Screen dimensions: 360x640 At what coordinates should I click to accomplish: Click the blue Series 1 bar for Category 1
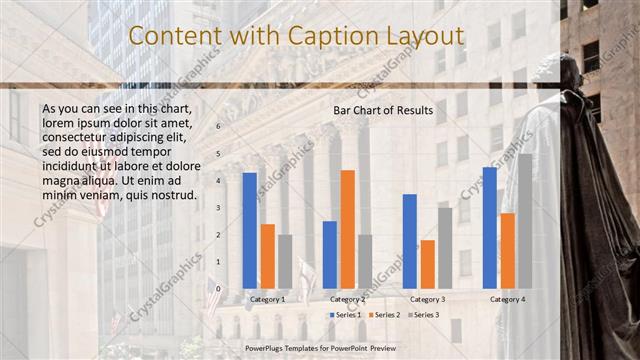(249, 230)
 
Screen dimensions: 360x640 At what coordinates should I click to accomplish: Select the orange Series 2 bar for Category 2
(347, 229)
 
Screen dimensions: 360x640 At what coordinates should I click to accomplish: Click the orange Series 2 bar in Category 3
(427, 264)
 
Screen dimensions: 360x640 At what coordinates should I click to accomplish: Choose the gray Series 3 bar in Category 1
(285, 261)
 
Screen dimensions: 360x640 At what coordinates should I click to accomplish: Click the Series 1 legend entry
(345, 315)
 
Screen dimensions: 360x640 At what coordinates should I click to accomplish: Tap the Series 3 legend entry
(424, 315)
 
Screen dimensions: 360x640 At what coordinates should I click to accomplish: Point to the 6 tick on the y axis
(219, 127)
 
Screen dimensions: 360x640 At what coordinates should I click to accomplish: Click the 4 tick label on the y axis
(219, 181)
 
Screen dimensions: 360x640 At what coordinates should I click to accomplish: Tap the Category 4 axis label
(507, 299)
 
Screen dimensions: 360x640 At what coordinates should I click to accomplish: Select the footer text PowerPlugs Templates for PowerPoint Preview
(320, 349)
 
